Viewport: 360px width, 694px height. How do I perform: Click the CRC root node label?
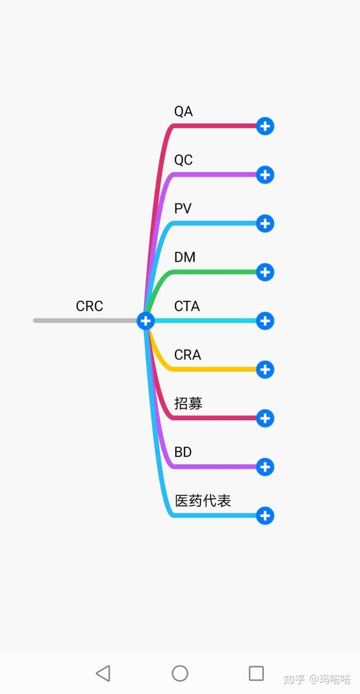[89, 306]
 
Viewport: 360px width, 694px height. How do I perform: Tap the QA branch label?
[183, 111]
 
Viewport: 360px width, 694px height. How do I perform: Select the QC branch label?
[183, 160]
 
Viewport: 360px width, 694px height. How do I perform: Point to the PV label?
[183, 208]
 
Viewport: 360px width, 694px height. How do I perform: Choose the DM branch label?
[185, 257]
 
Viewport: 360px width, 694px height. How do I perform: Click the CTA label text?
[187, 306]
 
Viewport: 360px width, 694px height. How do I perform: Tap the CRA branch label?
[187, 355]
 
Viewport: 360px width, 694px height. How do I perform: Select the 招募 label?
[188, 403]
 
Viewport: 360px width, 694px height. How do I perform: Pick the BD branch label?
[183, 452]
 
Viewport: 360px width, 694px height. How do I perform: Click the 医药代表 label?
[203, 500]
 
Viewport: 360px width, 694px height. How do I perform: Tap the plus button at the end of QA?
[265, 126]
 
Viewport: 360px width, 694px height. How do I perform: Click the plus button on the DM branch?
[265, 272]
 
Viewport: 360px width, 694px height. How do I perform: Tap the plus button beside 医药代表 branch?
[265, 515]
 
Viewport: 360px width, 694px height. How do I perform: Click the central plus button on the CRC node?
[145, 320]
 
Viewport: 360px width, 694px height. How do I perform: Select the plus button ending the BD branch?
[265, 467]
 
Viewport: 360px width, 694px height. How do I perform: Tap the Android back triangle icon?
[103, 673]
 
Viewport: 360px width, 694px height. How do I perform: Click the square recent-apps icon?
[256, 673]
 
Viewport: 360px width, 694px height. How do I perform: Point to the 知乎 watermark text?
[294, 679]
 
